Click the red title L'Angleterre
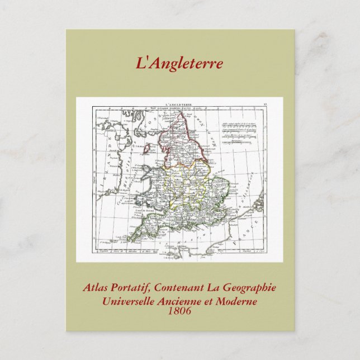pyautogui.click(x=179, y=63)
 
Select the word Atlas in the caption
pyautogui.click(x=95, y=288)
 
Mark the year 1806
pyautogui.click(x=179, y=310)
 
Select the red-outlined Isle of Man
pyautogui.click(x=148, y=150)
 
